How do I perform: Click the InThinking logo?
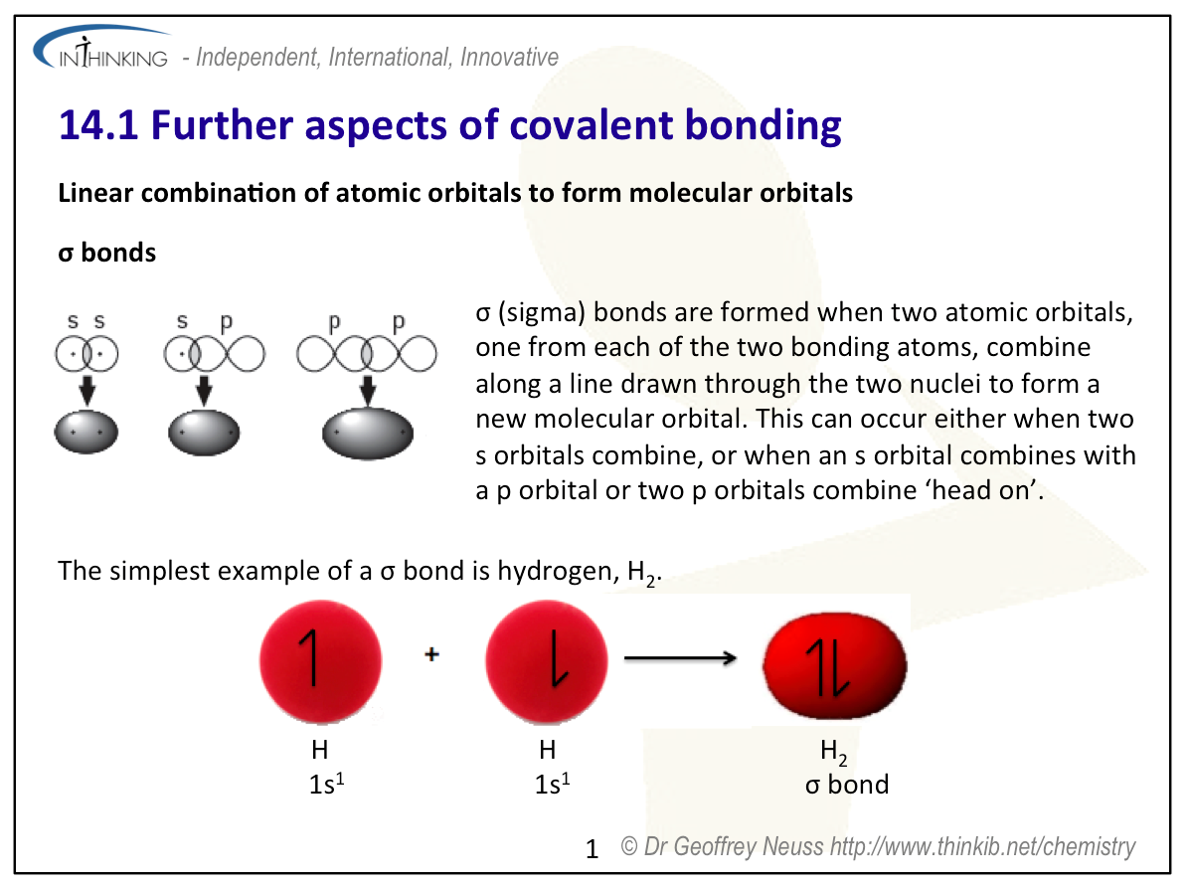[101, 49]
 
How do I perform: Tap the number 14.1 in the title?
[98, 125]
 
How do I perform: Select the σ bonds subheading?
[106, 253]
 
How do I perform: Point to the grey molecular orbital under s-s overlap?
[86, 432]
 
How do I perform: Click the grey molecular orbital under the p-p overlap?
[368, 433]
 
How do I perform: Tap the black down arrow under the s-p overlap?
[204, 390]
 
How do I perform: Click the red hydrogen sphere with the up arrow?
[320, 661]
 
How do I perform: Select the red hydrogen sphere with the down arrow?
[546, 661]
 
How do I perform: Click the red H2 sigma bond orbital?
[834, 666]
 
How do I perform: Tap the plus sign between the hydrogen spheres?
[431, 654]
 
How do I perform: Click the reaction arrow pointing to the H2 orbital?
[680, 658]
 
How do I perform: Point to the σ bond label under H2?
[846, 785]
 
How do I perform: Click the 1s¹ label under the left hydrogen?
[326, 784]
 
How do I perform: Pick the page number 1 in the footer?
[593, 849]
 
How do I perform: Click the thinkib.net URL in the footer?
[982, 846]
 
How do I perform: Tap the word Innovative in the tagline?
[509, 57]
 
